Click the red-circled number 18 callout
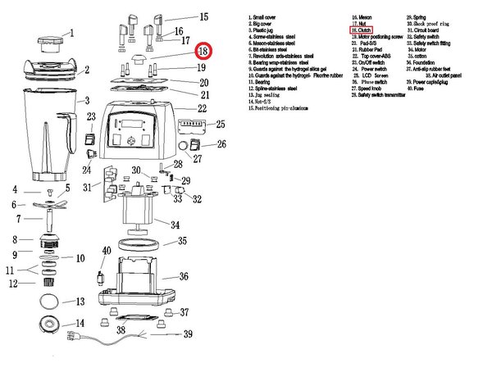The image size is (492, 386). (x=203, y=51)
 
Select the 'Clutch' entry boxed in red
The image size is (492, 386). (x=362, y=30)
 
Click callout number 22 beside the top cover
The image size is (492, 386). (x=202, y=108)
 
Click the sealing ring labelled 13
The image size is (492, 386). (x=48, y=303)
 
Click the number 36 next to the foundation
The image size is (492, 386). (x=184, y=276)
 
